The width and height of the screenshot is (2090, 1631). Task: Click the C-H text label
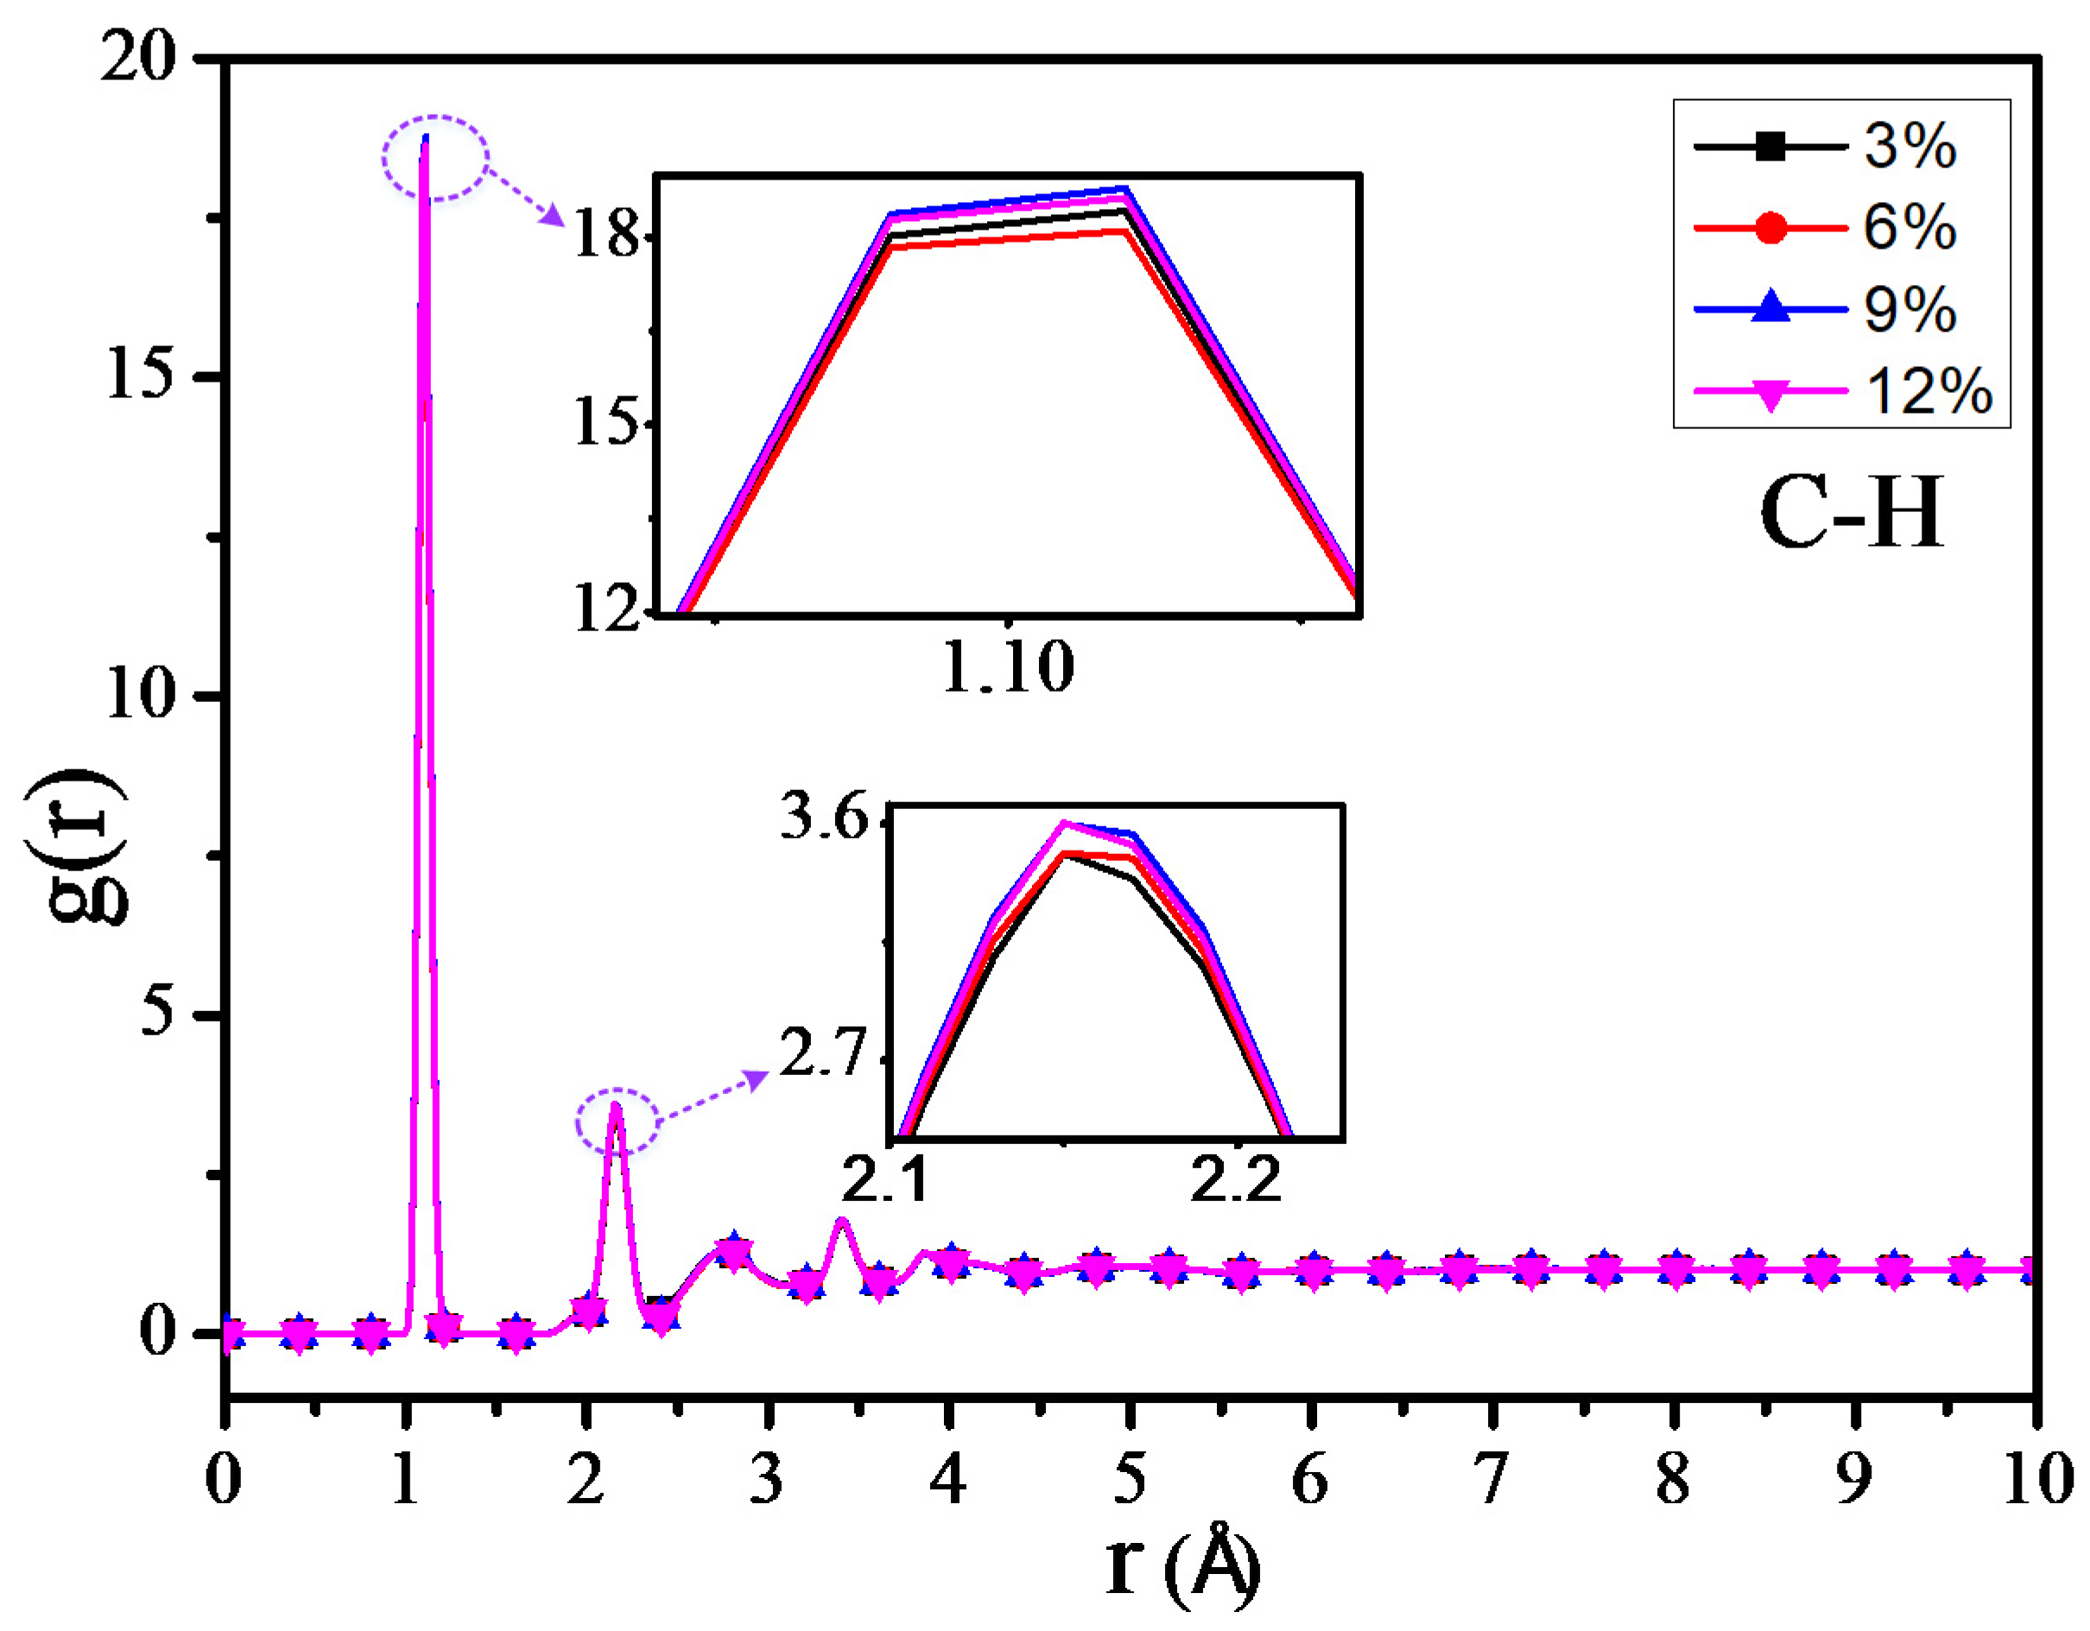[1852, 514]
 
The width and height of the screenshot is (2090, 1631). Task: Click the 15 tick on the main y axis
[142, 376]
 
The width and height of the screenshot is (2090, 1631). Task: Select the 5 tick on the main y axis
[159, 1014]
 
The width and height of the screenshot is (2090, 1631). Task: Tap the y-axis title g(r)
[77, 847]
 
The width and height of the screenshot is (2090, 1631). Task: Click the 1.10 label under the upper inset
[1008, 667]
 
